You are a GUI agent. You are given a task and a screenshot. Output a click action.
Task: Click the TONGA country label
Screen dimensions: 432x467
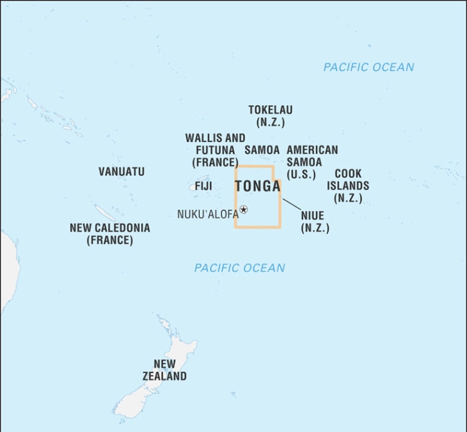coord(257,186)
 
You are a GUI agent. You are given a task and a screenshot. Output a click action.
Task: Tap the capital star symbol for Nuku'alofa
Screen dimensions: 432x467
coord(244,209)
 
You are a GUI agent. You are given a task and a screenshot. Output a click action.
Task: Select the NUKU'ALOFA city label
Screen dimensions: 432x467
coord(207,214)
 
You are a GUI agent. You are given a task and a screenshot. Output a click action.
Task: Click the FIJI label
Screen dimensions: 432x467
coord(203,186)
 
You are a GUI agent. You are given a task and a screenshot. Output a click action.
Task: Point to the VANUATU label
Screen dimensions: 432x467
coord(122,172)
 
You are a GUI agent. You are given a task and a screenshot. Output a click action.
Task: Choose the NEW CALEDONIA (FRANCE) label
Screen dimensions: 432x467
coord(110,234)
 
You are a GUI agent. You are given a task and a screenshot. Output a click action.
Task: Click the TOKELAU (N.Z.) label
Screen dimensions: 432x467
coord(270,116)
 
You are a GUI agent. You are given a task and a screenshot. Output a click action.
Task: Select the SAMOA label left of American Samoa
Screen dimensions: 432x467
coord(262,150)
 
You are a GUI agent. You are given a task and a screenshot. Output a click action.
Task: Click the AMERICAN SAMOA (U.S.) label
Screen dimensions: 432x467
coord(312,161)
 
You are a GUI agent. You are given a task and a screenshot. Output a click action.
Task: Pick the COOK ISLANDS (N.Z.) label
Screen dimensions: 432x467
coord(348,186)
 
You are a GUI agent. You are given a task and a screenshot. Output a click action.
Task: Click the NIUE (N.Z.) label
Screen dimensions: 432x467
coord(315,221)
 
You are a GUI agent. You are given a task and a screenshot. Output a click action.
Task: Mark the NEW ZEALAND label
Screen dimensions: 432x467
coord(164,370)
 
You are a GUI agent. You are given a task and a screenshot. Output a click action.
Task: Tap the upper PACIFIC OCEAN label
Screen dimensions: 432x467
coord(368,67)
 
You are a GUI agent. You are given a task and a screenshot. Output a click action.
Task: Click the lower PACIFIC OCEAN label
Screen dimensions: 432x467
coord(240,268)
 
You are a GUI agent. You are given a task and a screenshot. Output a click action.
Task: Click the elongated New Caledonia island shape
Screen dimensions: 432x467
coord(103,212)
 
